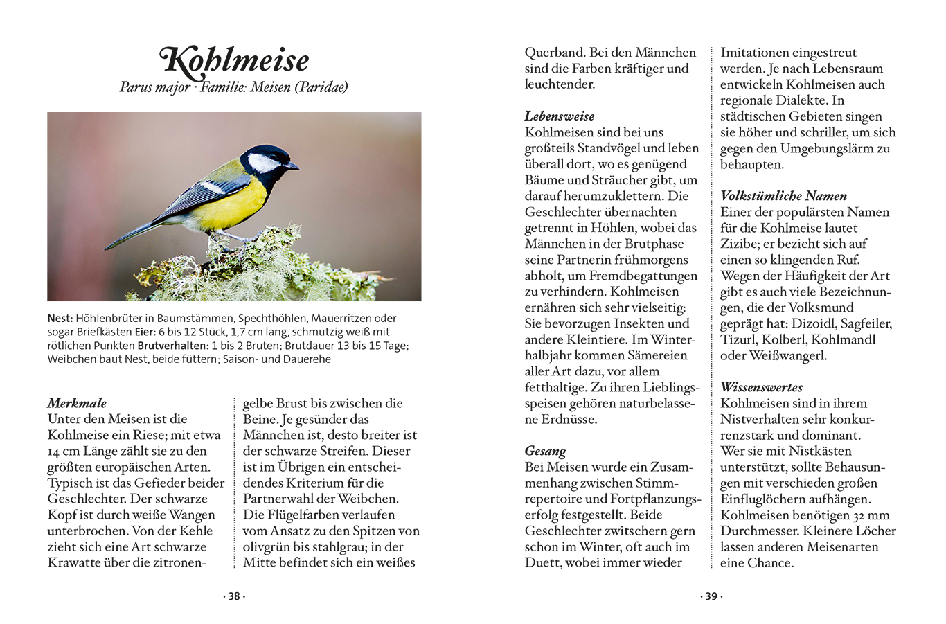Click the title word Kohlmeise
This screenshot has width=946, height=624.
pos(235,60)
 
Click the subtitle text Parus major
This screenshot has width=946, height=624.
pos(154,87)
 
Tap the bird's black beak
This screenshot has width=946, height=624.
pos(294,166)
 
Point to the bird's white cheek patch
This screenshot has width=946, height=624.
pos(264,163)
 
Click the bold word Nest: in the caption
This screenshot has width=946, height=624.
pos(60,319)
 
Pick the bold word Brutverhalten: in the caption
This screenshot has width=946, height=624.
pos(173,346)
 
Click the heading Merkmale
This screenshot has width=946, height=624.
pos(77,403)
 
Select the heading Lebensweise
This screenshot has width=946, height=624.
pos(559,116)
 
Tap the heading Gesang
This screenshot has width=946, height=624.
pos(545,452)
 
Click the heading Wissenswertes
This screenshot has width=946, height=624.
pos(761,387)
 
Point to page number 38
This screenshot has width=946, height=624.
pos(234,596)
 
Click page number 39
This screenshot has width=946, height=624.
pos(711,596)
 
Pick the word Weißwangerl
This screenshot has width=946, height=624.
pos(788,355)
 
